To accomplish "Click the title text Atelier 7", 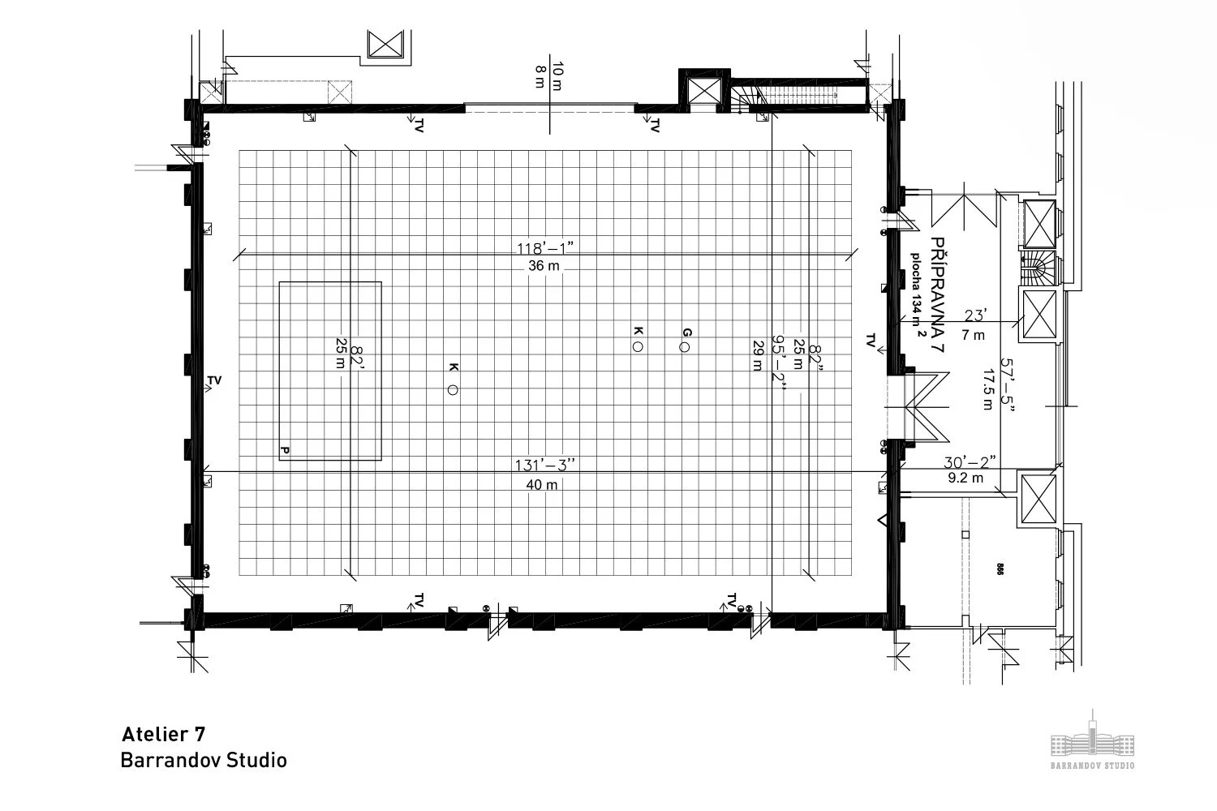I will [163, 735].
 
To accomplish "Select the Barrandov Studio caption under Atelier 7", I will [204, 761].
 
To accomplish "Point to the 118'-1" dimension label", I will [545, 247].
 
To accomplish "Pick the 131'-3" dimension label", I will [545, 465].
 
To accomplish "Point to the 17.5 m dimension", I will [987, 390].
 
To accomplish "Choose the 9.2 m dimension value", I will [965, 478].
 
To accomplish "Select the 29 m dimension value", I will [758, 355].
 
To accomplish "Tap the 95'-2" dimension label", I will [779, 365].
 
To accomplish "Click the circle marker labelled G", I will [685, 348].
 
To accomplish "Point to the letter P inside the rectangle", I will [285, 449].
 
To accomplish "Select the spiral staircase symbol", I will [1039, 268].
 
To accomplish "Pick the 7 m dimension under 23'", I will [974, 335].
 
